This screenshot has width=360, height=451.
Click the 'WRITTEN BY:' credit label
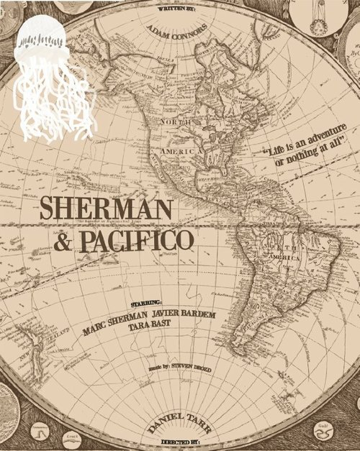[x=179, y=10]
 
